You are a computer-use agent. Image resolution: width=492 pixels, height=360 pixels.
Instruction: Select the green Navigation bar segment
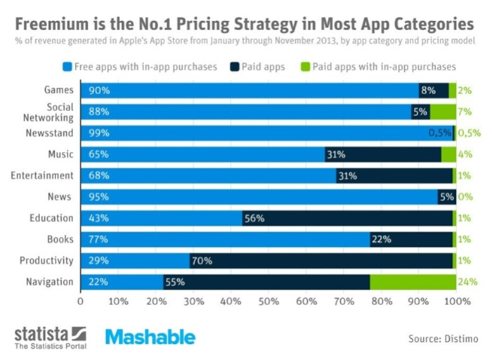[x=413, y=282]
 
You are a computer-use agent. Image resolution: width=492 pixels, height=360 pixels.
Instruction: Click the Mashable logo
[x=150, y=337]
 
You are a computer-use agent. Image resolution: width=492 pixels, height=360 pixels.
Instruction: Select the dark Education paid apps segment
[x=347, y=219]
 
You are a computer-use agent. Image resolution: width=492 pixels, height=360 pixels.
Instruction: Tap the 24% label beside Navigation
[x=467, y=282]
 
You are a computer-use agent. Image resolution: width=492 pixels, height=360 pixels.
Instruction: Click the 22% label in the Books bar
[x=380, y=240]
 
